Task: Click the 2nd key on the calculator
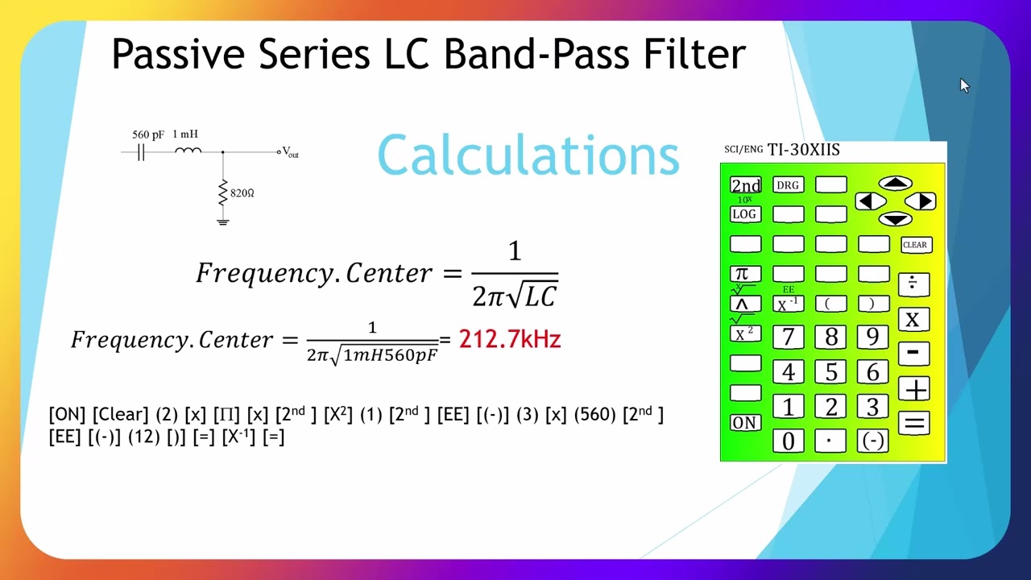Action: click(745, 185)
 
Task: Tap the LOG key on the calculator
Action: click(745, 214)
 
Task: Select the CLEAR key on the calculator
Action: click(915, 245)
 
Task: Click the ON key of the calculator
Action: click(745, 423)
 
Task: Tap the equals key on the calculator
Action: click(914, 423)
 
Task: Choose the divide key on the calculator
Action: click(913, 284)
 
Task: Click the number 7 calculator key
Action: click(788, 338)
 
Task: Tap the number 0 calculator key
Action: click(788, 441)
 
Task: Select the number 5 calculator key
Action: click(830, 372)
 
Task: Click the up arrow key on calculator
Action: click(895, 184)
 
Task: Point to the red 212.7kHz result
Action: click(509, 339)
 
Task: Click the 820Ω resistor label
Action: click(242, 193)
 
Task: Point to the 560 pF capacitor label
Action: click(148, 135)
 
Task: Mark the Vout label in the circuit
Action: click(290, 152)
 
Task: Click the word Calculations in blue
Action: click(528, 155)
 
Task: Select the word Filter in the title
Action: click(694, 54)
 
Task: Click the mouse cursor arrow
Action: click(964, 85)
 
